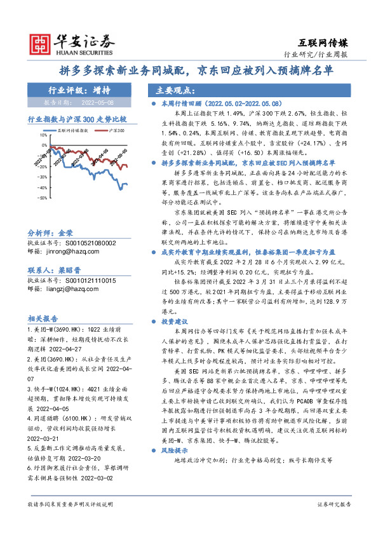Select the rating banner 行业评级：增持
[79, 90]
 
